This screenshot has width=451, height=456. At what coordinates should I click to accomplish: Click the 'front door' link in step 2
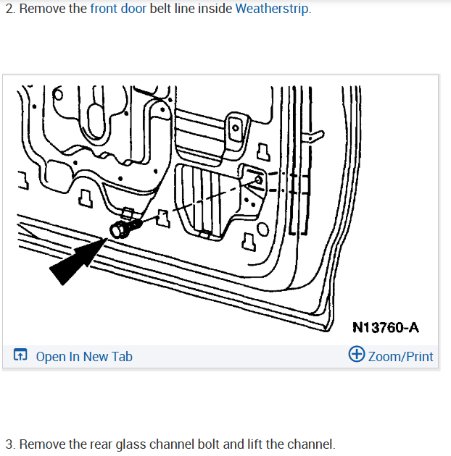[x=118, y=9]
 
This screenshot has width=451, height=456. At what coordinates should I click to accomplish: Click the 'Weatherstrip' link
[x=273, y=9]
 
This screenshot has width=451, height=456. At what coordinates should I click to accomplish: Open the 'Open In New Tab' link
[x=84, y=356]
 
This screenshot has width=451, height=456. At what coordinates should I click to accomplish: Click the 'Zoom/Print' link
[x=400, y=356]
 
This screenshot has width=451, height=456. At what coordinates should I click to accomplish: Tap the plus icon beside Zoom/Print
[x=356, y=355]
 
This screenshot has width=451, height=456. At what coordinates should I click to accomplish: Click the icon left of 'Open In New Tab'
[x=20, y=356]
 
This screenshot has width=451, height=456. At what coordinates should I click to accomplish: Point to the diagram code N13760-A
[x=386, y=327]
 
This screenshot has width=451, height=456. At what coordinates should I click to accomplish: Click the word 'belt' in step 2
[x=162, y=9]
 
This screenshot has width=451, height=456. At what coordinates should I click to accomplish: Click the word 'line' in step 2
[x=186, y=9]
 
